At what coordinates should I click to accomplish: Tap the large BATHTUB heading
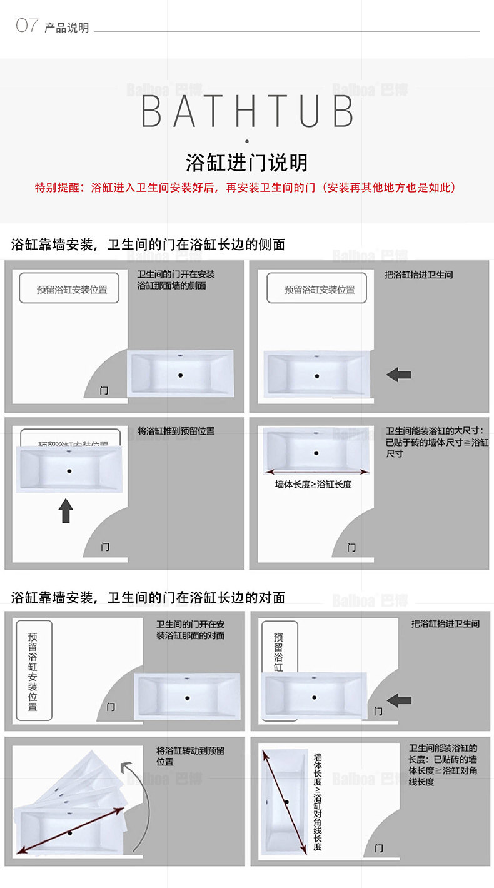coord(248,111)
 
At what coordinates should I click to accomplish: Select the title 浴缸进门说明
coord(247,163)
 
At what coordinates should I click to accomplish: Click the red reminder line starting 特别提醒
coord(246,188)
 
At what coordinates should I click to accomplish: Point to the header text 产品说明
coord(67,28)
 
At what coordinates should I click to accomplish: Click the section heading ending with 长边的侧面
coord(148,245)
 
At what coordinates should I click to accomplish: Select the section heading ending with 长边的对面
coord(148,598)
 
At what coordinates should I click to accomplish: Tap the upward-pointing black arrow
coord(66,511)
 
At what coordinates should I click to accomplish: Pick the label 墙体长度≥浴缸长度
coord(313,483)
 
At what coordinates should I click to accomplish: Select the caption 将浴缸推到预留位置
coord(176,431)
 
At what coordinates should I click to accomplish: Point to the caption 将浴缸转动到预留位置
coord(191,756)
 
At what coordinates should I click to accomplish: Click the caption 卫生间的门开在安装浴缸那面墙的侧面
coord(176,280)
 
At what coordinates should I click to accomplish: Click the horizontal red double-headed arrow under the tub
coord(316,472)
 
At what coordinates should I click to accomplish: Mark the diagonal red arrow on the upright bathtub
coord(286,802)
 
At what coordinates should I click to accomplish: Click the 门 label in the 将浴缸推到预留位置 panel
coord(105,547)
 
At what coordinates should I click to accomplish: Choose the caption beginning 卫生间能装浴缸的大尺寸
coord(437,441)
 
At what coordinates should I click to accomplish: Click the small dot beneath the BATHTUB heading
coord(247,141)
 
